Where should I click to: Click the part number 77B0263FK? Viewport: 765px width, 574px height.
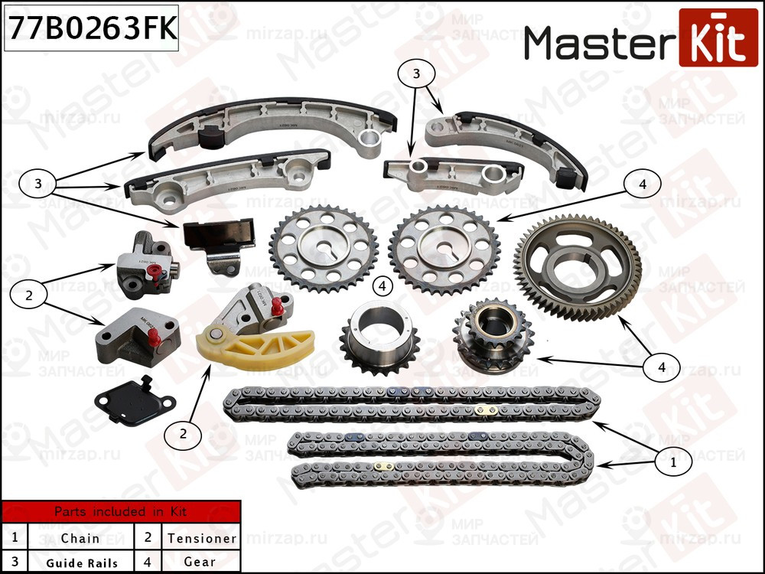click(x=91, y=29)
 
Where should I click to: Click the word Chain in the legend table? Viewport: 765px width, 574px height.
click(x=80, y=538)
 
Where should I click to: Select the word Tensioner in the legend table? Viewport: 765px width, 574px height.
click(x=201, y=538)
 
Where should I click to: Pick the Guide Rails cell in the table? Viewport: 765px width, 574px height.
click(x=82, y=563)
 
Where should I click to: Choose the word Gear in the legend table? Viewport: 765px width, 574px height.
click(x=200, y=563)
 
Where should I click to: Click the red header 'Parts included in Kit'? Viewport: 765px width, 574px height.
click(x=120, y=512)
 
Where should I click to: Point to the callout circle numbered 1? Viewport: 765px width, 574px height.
click(x=673, y=462)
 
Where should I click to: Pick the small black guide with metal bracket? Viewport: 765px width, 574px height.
click(x=219, y=240)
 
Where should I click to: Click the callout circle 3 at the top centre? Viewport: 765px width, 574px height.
click(x=416, y=74)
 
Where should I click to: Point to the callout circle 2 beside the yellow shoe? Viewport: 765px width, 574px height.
click(x=182, y=434)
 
